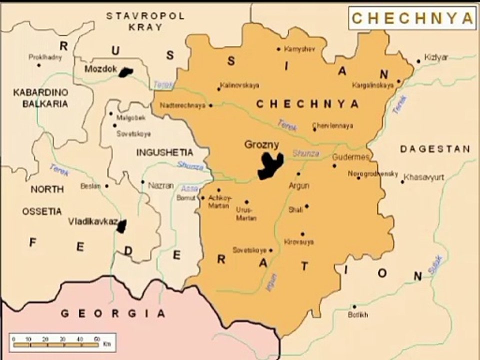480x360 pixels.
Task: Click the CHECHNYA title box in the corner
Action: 412,18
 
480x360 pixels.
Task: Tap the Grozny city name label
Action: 261,145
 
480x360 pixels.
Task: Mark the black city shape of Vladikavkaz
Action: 121,226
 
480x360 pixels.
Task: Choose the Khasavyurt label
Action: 423,177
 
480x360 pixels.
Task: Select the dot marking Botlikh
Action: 354,306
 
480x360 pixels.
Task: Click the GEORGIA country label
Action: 112,313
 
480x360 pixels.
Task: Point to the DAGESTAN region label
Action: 435,148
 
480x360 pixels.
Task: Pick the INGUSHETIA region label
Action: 164,152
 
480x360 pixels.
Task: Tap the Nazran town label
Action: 161,185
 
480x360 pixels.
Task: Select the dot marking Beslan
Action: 106,186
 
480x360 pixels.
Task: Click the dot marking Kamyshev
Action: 278,49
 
